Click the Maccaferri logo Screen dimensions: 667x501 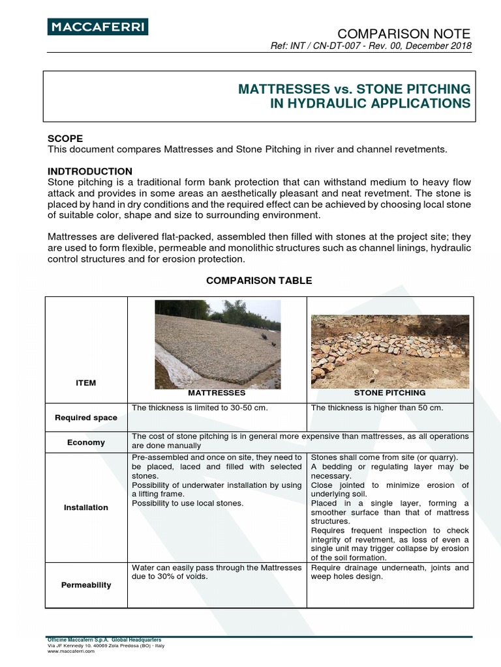98,27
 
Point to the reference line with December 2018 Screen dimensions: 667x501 371,46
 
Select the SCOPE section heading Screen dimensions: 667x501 65,139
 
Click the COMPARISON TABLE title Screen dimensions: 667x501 259,280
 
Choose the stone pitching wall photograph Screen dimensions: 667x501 389,347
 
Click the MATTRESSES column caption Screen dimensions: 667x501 217,393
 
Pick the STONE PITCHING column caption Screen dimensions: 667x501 389,393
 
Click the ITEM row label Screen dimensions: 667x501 85,383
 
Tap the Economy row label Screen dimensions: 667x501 86,442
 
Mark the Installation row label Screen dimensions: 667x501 86,507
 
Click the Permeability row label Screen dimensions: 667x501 86,585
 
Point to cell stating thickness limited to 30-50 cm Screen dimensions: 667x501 200,408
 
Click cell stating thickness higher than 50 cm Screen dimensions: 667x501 377,408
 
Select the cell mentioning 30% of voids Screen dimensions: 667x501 217,572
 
